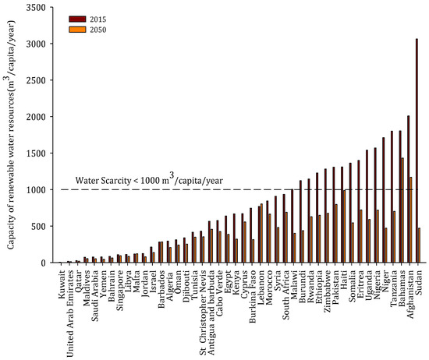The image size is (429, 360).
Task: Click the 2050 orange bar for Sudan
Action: [420, 245]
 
